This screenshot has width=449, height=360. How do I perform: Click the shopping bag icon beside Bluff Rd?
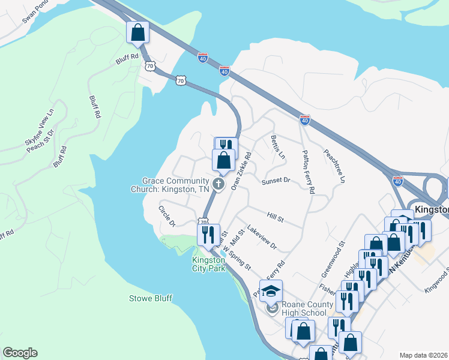(x=137, y=32)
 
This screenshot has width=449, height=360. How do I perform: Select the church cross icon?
(x=219, y=184)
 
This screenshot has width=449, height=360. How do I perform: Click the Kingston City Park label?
(x=208, y=263)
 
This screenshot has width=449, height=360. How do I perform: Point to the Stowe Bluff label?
(x=150, y=298)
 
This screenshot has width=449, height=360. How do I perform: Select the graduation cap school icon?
(x=271, y=291)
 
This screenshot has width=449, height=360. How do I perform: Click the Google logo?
(x=20, y=353)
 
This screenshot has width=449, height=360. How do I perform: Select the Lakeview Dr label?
(x=262, y=237)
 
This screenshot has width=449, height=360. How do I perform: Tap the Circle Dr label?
(x=166, y=216)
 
